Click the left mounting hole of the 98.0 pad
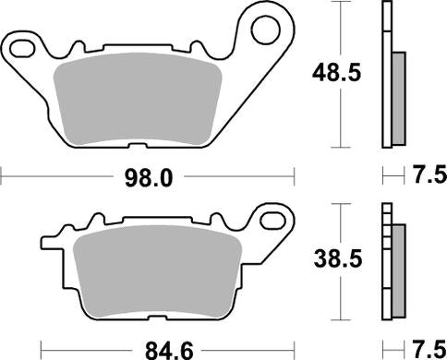(x=19, y=43)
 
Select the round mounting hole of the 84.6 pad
(x=273, y=220)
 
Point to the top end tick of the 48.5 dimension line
(x=344, y=3)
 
